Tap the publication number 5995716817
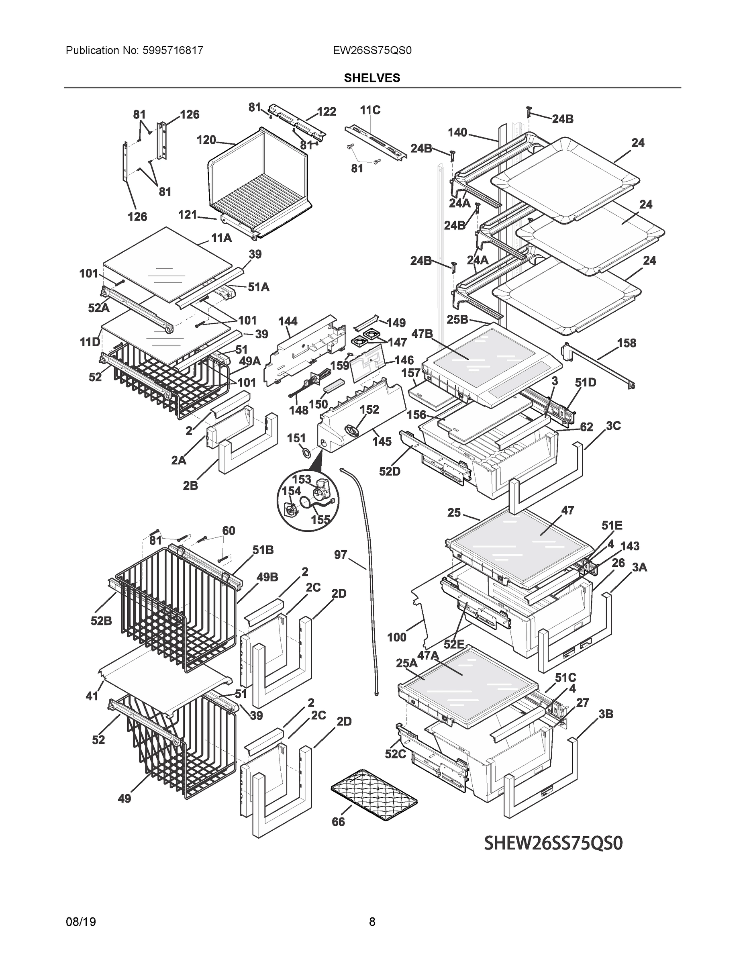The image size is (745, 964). [173, 50]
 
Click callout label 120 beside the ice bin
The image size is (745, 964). [206, 140]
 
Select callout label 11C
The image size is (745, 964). [370, 110]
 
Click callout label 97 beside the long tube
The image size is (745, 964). [340, 554]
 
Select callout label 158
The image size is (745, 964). [626, 343]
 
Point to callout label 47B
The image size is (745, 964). [422, 334]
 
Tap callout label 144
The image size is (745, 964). [288, 321]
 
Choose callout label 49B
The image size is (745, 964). [267, 577]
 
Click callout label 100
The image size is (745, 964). [396, 637]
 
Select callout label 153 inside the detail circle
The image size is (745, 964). [302, 479]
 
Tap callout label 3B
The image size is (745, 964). [606, 714]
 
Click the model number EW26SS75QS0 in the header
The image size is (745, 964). [372, 50]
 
